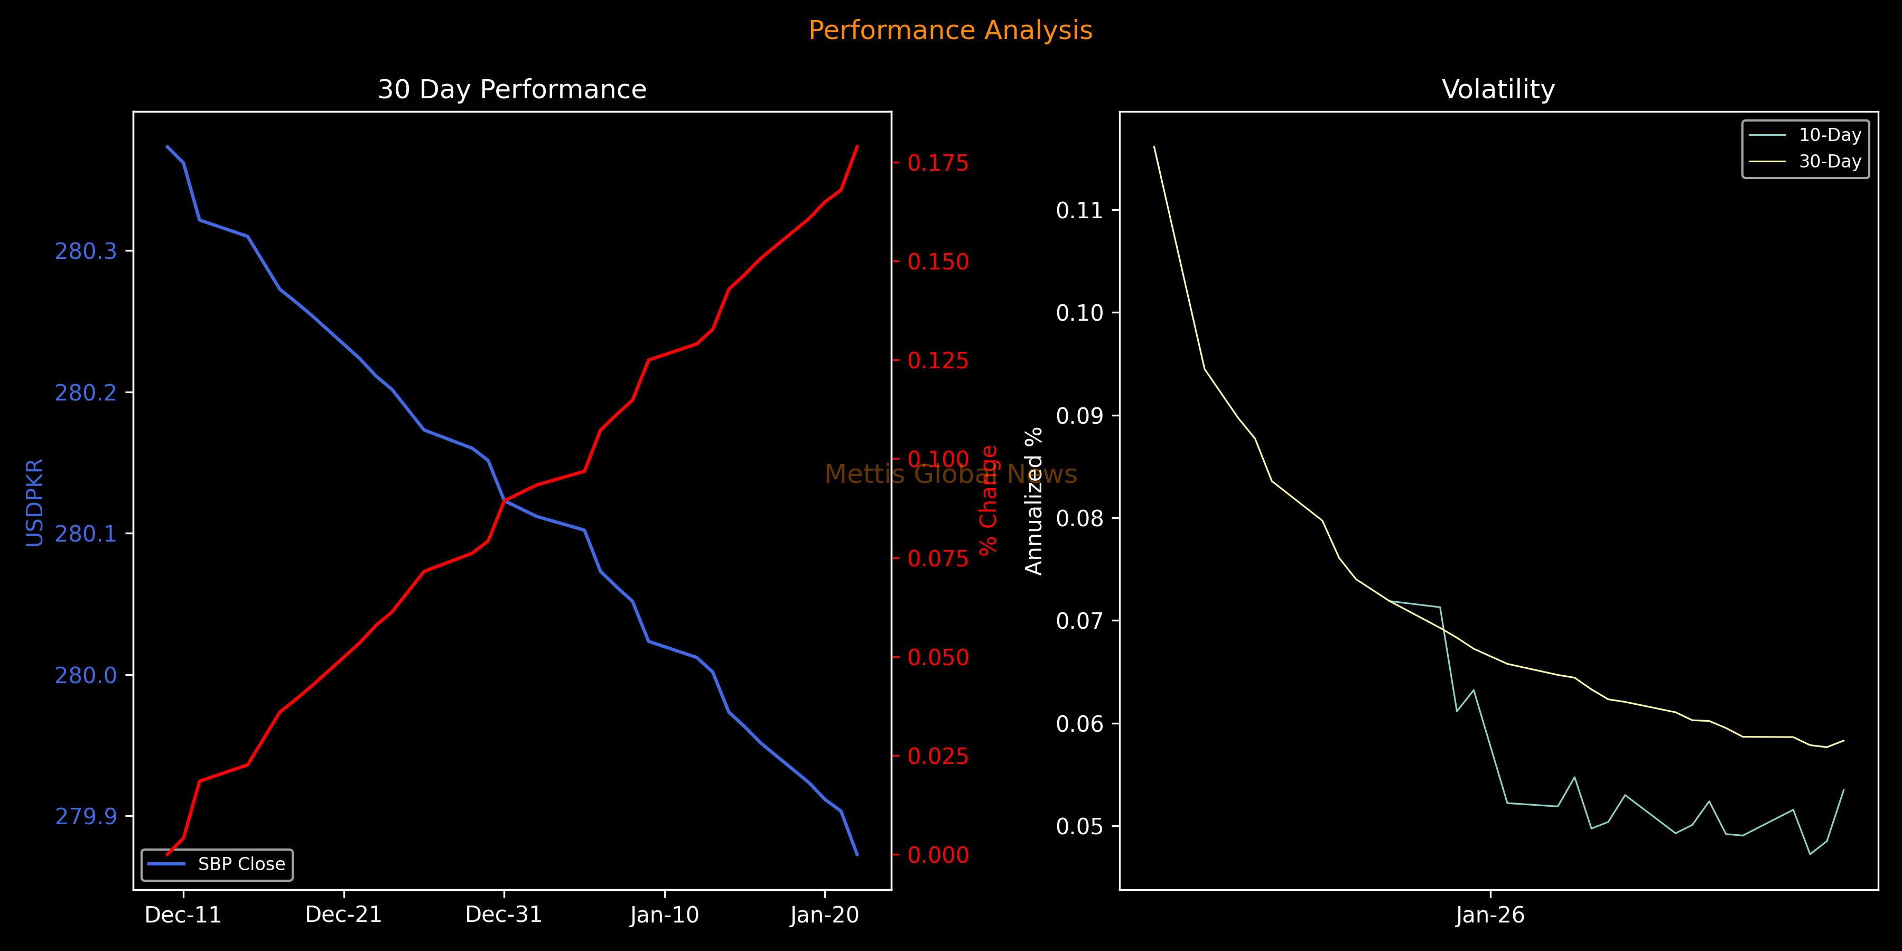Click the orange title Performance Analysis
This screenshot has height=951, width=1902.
pyautogui.click(x=950, y=30)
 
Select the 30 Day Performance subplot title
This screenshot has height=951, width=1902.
pyautogui.click(x=511, y=89)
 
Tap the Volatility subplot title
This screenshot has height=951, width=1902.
pyautogui.click(x=1498, y=89)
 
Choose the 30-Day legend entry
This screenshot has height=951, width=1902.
pyautogui.click(x=1830, y=162)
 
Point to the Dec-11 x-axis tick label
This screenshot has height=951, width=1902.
pyautogui.click(x=183, y=915)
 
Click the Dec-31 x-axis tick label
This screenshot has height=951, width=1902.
pyautogui.click(x=504, y=915)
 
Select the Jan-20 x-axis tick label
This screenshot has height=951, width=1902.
pyautogui.click(x=824, y=915)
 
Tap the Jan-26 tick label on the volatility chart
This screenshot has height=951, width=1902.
pyautogui.click(x=1490, y=915)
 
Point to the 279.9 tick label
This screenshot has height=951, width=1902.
pyautogui.click(x=86, y=816)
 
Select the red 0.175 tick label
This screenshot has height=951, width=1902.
pyautogui.click(x=938, y=163)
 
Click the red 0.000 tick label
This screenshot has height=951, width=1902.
pyautogui.click(x=938, y=855)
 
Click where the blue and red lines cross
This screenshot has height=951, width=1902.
pyautogui.click(x=505, y=501)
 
